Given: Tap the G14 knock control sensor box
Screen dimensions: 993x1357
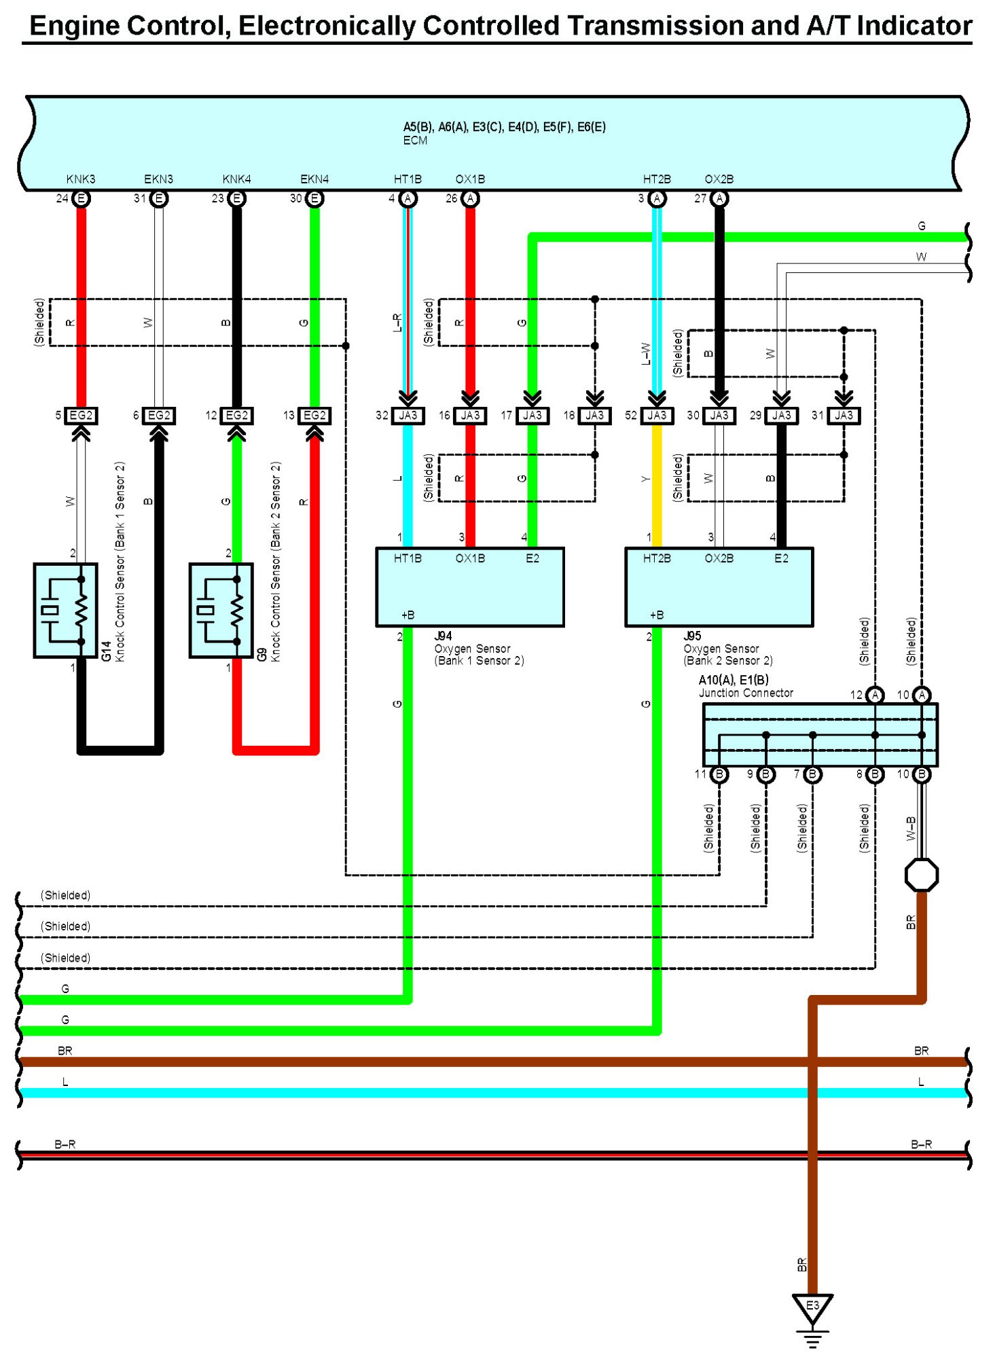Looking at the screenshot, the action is (x=65, y=610).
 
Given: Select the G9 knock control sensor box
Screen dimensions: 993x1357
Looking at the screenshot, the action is (x=221, y=610).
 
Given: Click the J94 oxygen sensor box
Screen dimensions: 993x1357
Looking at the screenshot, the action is (x=469, y=587).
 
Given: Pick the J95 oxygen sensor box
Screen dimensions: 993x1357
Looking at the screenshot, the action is (x=719, y=587).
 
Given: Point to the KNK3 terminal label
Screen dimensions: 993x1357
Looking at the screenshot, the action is (x=81, y=179).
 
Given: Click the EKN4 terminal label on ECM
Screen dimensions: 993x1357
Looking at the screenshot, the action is (x=314, y=179).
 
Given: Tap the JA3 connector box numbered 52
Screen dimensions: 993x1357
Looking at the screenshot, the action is (x=657, y=415).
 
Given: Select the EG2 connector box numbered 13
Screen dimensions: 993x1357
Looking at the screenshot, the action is (x=314, y=415).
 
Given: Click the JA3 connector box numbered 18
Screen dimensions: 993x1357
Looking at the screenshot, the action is (x=594, y=415).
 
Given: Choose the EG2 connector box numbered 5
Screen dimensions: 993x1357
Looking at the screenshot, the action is (x=81, y=415).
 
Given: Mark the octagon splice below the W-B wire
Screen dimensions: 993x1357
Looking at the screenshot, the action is (x=922, y=875).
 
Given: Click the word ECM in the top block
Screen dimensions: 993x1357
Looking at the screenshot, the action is (x=415, y=141).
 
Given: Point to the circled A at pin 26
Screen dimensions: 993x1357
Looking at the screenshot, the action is (x=470, y=198).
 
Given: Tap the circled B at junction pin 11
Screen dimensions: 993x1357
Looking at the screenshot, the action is (x=719, y=774).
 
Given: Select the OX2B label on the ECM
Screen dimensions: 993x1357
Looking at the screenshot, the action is (x=719, y=179).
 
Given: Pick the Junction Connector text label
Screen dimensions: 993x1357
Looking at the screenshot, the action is (x=746, y=693).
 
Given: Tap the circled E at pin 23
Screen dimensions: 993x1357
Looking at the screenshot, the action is (x=236, y=198).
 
